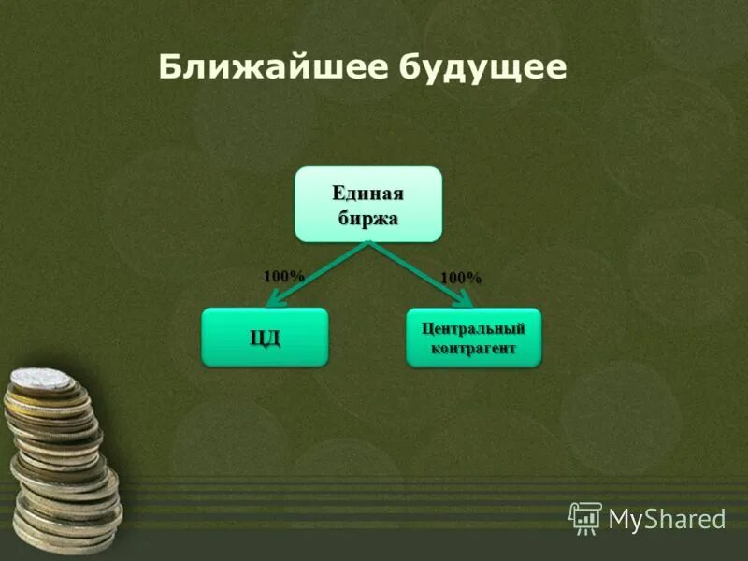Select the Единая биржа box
coord(368,204)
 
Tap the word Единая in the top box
coord(368,194)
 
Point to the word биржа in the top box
coord(368,218)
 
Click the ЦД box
coord(265,337)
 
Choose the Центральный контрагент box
coord(473,338)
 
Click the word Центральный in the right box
coord(473,328)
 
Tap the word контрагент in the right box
coord(473,348)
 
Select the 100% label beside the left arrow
coord(284,276)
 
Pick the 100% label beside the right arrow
coord(461,278)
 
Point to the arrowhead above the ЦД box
coord(275,299)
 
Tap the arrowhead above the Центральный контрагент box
coord(465,299)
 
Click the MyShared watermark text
coord(667,517)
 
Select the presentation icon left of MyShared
coord(585,516)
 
